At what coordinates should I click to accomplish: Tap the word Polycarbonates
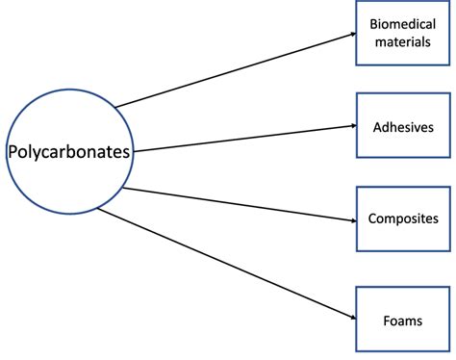click(x=69, y=151)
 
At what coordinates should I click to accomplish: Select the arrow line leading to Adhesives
click(x=241, y=138)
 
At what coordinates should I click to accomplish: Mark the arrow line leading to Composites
click(x=241, y=204)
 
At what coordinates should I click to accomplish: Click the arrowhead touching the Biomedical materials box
click(x=350, y=35)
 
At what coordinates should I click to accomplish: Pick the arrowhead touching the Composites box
click(x=350, y=220)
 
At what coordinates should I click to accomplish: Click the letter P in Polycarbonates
click(x=13, y=151)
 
